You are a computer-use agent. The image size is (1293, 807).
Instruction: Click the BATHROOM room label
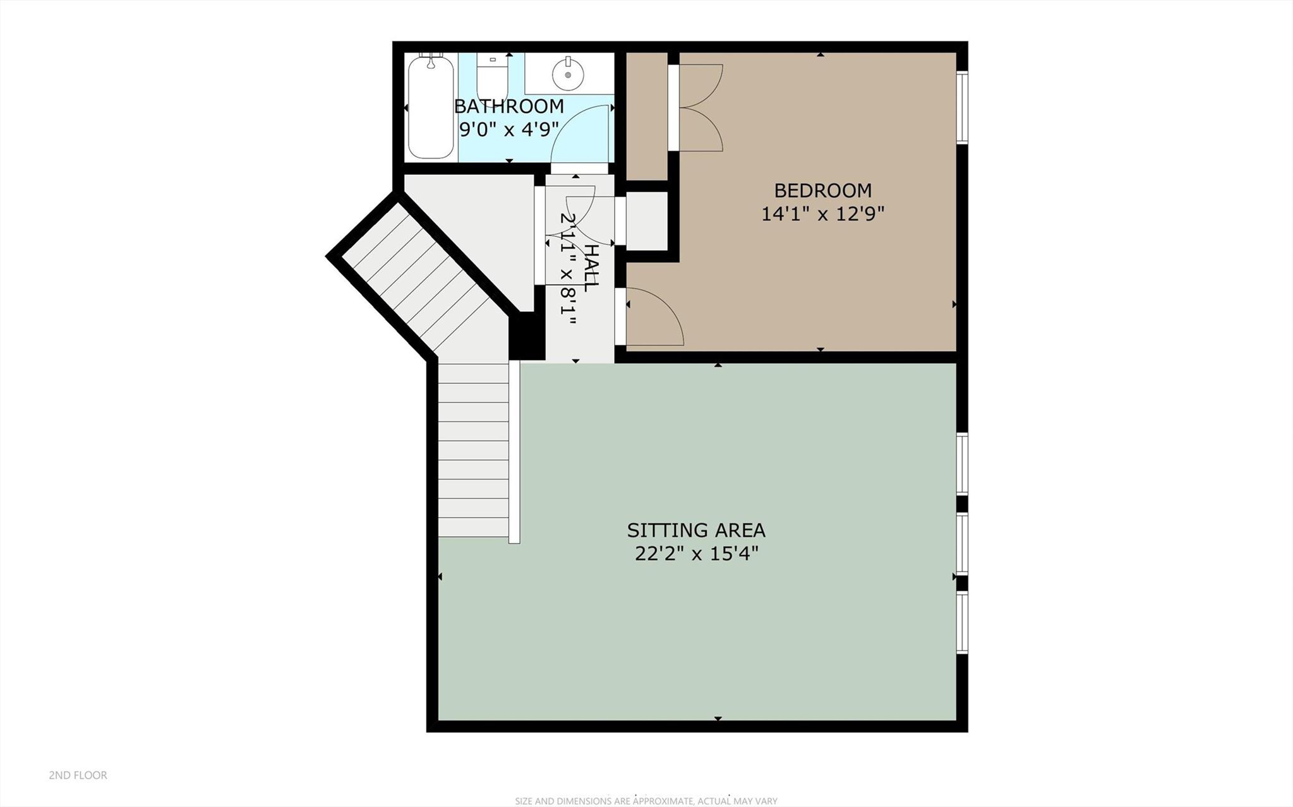(x=508, y=106)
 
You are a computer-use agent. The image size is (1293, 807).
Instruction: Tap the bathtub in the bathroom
(x=431, y=107)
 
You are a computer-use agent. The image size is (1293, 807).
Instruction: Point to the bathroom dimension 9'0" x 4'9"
(x=508, y=130)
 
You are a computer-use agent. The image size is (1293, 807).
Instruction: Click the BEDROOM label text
(x=822, y=190)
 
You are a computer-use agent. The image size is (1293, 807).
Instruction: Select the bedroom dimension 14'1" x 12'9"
(x=822, y=214)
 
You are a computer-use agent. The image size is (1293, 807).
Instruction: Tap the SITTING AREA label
(x=695, y=530)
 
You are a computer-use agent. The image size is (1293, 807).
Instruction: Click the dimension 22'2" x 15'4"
(x=695, y=554)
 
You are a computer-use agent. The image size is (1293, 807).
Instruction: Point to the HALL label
(x=590, y=268)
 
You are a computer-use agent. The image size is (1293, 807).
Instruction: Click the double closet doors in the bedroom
(x=700, y=107)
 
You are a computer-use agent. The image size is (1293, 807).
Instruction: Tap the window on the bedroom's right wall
(x=961, y=107)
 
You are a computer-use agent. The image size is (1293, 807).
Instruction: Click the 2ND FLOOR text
(x=78, y=775)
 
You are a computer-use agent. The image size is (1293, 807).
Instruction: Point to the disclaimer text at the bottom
(x=646, y=801)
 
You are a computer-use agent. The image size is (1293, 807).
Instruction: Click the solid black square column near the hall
(x=526, y=336)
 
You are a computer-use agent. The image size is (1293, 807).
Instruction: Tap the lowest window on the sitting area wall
(x=961, y=623)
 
